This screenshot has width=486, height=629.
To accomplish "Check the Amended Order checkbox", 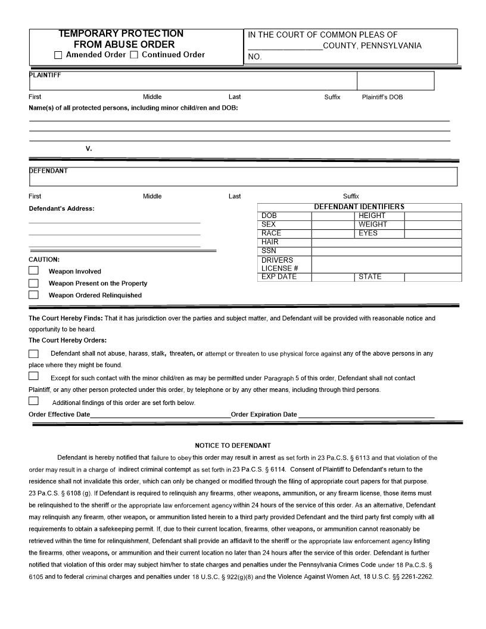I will click(58, 55).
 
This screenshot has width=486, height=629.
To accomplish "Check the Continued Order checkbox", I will click(133, 55).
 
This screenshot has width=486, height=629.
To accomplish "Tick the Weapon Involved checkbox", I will click(34, 270).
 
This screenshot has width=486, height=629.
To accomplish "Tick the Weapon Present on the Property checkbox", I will click(34, 283).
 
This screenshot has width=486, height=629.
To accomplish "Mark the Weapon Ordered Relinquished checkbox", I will click(34, 295).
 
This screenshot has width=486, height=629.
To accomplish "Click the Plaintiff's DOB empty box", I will click(395, 81).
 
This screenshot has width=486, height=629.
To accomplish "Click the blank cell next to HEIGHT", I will click(433, 216).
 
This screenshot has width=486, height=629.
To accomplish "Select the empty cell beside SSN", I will click(386, 251).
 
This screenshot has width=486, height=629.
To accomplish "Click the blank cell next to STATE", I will click(433, 277).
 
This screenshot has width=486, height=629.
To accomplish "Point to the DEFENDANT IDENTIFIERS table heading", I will click(359, 207).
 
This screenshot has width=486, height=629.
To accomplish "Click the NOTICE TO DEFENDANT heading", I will click(233, 446).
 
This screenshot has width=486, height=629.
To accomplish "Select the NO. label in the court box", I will click(255, 57).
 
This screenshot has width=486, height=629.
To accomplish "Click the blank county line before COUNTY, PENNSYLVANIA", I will click(285, 46).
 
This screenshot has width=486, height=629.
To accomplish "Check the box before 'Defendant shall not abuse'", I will click(34, 354).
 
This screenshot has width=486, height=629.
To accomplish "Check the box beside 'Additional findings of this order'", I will click(34, 401).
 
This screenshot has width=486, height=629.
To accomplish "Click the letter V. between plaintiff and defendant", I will click(89, 148).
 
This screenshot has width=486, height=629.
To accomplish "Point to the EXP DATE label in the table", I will click(279, 277).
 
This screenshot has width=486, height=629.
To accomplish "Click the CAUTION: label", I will click(44, 260).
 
